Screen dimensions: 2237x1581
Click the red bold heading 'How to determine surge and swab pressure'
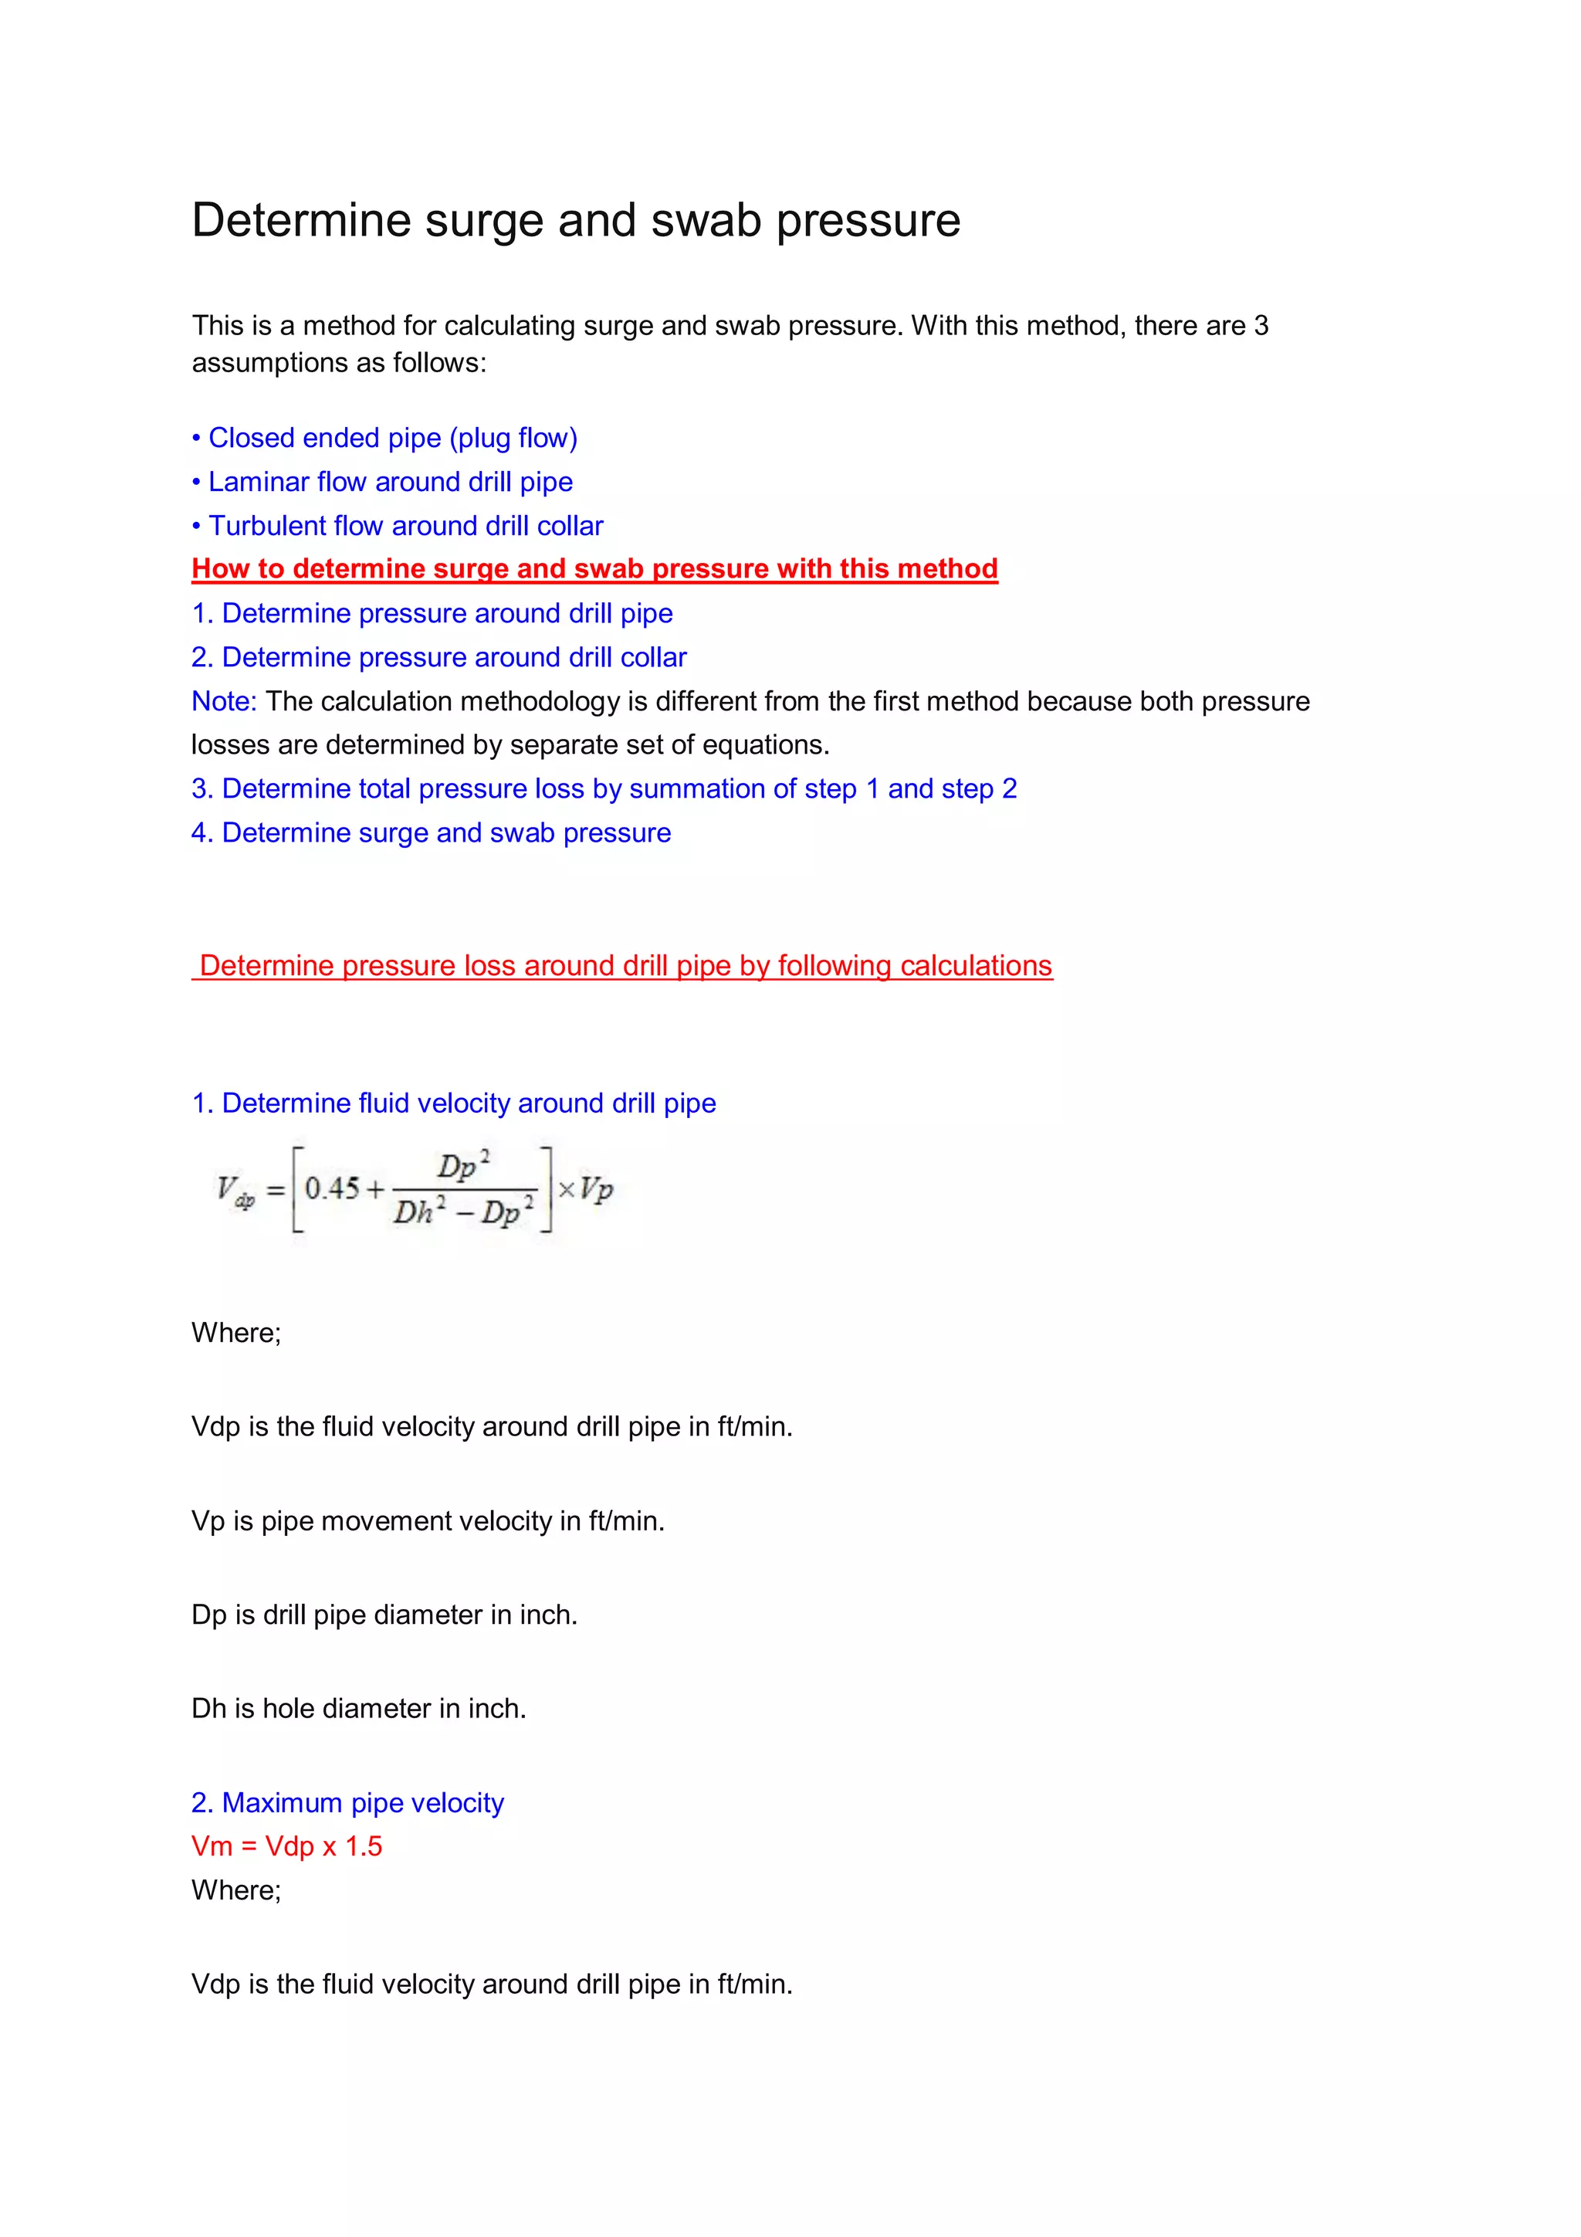pos(594,569)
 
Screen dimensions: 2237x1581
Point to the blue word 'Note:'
pos(223,701)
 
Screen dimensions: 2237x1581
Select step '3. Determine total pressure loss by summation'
pos(604,789)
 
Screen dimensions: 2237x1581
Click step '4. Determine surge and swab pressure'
pos(431,833)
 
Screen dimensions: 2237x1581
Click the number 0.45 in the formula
pos(332,1188)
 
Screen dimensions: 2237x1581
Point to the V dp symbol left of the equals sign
pos(235,1191)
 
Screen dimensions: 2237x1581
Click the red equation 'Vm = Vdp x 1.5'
pos(286,1846)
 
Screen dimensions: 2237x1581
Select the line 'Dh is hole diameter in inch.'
pos(358,1709)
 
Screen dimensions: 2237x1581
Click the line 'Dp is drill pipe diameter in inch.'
pos(384,1615)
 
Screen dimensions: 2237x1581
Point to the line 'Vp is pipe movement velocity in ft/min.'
pos(428,1521)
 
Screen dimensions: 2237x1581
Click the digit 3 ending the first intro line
pos(1261,325)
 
